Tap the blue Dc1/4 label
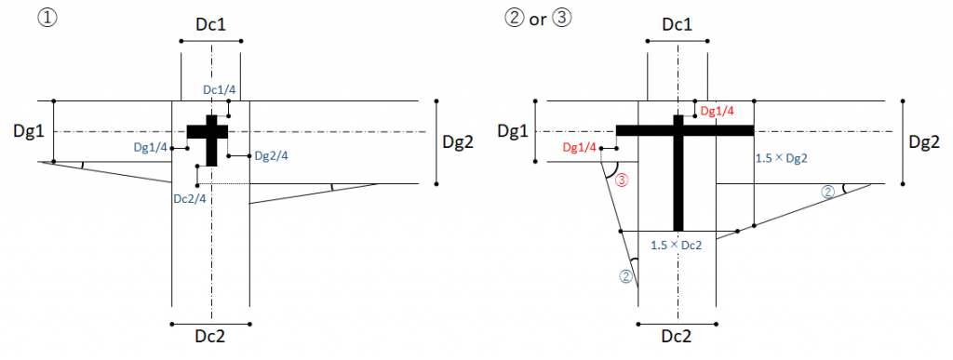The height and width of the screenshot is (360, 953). (220, 90)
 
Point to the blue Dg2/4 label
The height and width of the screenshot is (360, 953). (271, 156)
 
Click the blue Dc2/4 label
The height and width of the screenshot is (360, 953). (190, 197)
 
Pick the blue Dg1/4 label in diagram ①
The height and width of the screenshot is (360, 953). (151, 148)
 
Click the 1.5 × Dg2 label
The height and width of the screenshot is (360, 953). (782, 158)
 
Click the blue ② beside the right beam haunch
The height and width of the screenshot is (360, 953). (827, 192)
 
